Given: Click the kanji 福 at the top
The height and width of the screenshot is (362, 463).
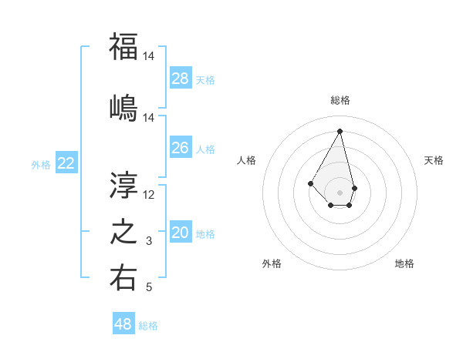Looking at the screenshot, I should [x=123, y=46].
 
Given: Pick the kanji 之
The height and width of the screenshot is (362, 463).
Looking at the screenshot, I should [x=123, y=232].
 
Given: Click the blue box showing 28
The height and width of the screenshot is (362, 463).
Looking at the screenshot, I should [x=181, y=79].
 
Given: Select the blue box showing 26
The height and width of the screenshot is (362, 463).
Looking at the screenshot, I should [x=181, y=148].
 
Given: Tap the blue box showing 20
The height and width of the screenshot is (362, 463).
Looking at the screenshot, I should [x=181, y=233].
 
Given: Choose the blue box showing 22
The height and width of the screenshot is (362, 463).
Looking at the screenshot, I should [x=66, y=163].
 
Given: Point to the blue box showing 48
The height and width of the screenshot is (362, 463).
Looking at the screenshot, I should [x=123, y=324].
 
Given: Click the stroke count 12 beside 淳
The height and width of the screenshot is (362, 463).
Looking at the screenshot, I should [x=149, y=195].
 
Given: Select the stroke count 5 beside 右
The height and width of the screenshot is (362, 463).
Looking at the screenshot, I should [x=149, y=288].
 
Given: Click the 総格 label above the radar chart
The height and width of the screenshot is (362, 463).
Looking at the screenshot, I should [x=340, y=100].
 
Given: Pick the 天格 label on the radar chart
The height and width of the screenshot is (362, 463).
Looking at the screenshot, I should [x=434, y=160].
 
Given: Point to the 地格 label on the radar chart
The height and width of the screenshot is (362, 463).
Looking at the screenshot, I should [x=404, y=263].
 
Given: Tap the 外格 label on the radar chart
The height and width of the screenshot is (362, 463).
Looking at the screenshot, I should [x=272, y=263].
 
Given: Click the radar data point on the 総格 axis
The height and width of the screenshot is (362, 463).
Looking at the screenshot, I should [x=340, y=130].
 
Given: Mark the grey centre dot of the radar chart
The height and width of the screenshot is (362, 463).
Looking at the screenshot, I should [x=340, y=192].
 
